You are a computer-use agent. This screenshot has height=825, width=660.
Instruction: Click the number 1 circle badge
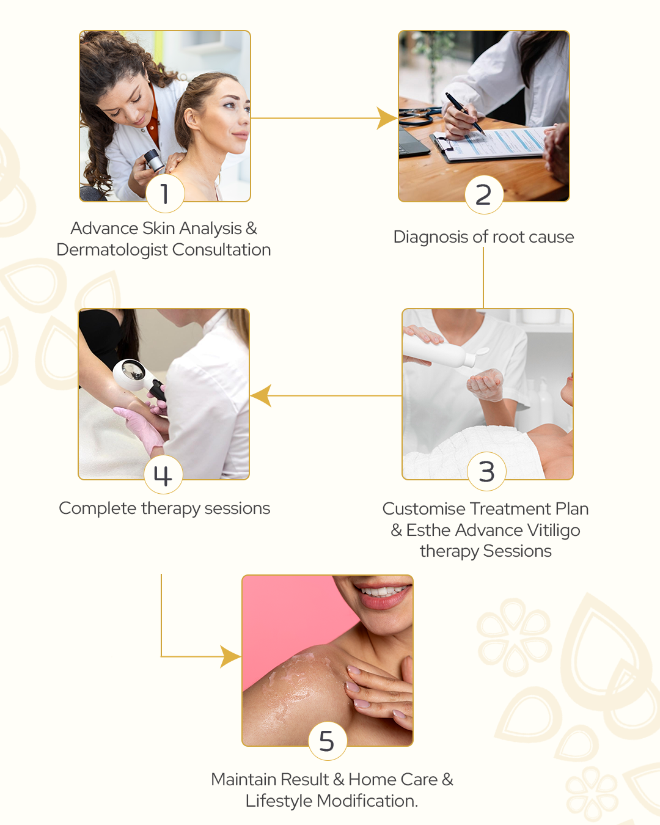(165, 193)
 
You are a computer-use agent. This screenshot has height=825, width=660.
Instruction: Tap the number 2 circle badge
(484, 194)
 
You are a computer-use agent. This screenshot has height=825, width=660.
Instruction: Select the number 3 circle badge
(486, 471)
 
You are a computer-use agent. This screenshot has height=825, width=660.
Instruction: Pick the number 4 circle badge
(163, 475)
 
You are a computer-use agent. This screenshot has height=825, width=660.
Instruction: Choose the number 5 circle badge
(328, 741)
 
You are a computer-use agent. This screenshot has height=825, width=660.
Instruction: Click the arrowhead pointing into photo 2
(387, 118)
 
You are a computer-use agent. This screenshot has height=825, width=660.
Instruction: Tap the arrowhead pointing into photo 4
(261, 395)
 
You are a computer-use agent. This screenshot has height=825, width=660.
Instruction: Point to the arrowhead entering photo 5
(230, 656)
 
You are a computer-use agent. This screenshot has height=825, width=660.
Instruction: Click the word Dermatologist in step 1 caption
(112, 251)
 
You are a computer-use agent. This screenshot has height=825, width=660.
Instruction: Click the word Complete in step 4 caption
(98, 508)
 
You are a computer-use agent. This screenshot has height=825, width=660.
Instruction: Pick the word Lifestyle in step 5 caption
(279, 801)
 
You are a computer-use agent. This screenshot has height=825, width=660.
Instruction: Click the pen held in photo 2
(465, 113)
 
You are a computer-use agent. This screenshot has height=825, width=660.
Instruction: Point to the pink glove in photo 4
(142, 427)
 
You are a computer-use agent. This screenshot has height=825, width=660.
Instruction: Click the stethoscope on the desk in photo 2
(420, 115)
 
